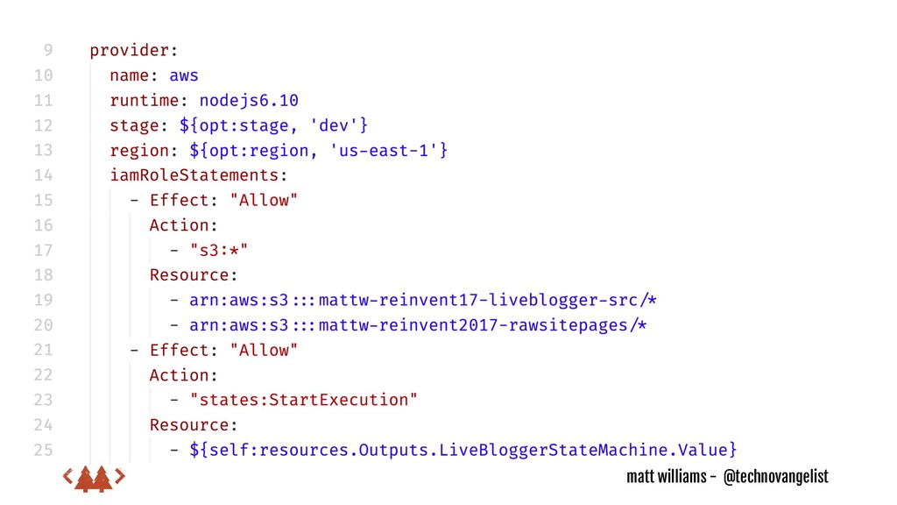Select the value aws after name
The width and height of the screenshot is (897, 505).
[x=184, y=75]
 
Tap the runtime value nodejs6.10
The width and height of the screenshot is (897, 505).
[x=249, y=100]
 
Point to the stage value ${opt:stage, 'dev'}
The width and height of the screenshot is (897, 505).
[x=273, y=125]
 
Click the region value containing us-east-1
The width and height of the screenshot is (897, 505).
[x=318, y=150]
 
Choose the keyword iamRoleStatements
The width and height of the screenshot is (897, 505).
[x=197, y=175]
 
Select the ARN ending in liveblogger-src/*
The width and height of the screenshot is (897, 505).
[x=422, y=300]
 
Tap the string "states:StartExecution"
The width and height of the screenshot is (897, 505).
[x=303, y=400]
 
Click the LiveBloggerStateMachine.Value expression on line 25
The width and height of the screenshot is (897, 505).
[x=463, y=450]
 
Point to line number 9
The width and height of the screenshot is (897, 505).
[x=46, y=51]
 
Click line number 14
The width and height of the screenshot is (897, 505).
[x=43, y=175]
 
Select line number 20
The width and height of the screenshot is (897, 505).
[x=43, y=325]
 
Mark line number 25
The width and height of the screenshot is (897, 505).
[x=43, y=450]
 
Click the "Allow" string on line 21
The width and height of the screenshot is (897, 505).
[x=264, y=350]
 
